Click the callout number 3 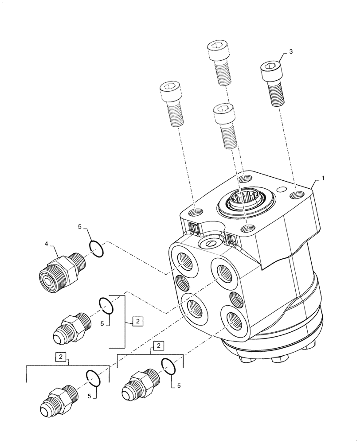pos(290,52)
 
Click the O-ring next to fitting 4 pos(97,248)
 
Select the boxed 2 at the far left pos(61,357)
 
